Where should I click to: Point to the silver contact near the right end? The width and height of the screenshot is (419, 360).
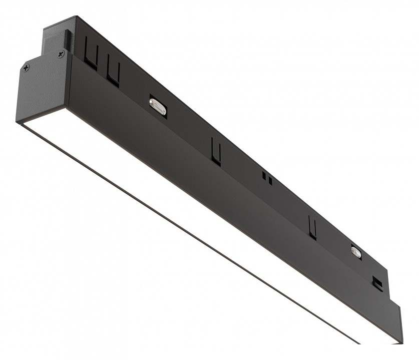coord(356,252)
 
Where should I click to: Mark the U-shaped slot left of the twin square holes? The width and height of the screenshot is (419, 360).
coord(216,152)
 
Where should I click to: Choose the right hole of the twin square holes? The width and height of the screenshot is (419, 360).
coord(270,180)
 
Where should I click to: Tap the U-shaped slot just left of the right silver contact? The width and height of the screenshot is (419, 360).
coord(312,227)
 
